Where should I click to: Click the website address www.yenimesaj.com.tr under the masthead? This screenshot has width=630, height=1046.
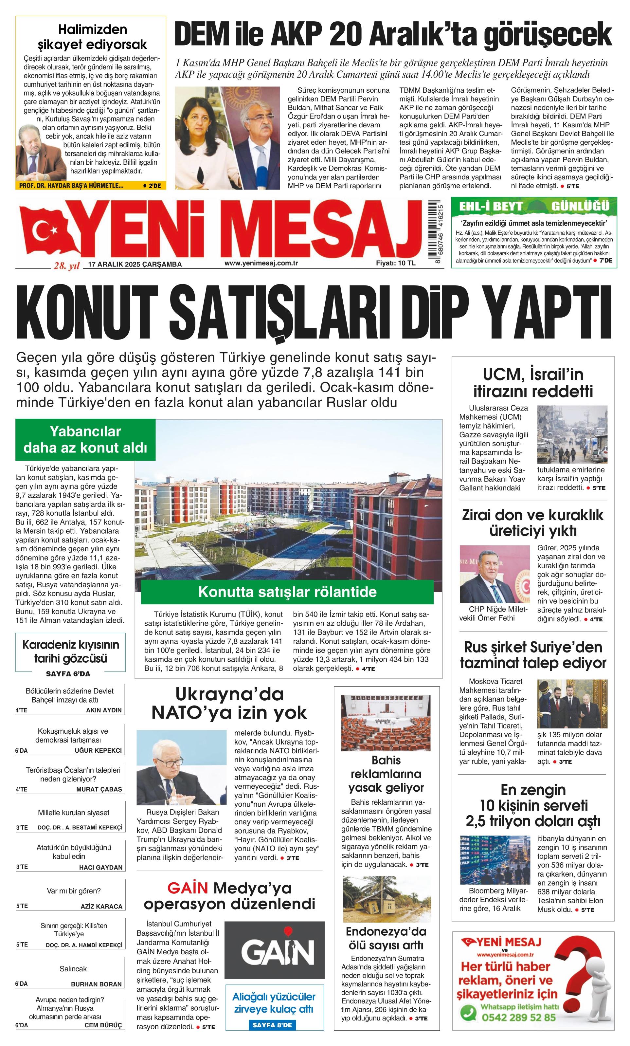tap(261, 263)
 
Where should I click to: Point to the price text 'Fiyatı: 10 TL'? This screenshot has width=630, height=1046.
tap(395, 263)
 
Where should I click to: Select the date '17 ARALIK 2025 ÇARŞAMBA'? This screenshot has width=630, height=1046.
tap(135, 265)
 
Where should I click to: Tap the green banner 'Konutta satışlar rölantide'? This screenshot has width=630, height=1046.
tap(287, 592)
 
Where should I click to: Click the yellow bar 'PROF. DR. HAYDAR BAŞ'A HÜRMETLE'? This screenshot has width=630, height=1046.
tap(71, 186)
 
